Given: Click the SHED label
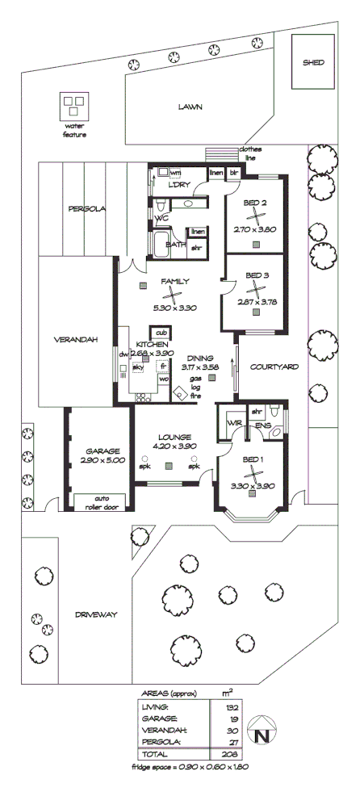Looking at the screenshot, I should [313, 62].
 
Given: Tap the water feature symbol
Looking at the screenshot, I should [73, 106].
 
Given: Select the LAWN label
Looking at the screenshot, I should [190, 107].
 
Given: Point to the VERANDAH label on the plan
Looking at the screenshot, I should [76, 340].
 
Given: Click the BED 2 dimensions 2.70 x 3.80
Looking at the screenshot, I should [255, 229].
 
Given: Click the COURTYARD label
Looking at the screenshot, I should [274, 367].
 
